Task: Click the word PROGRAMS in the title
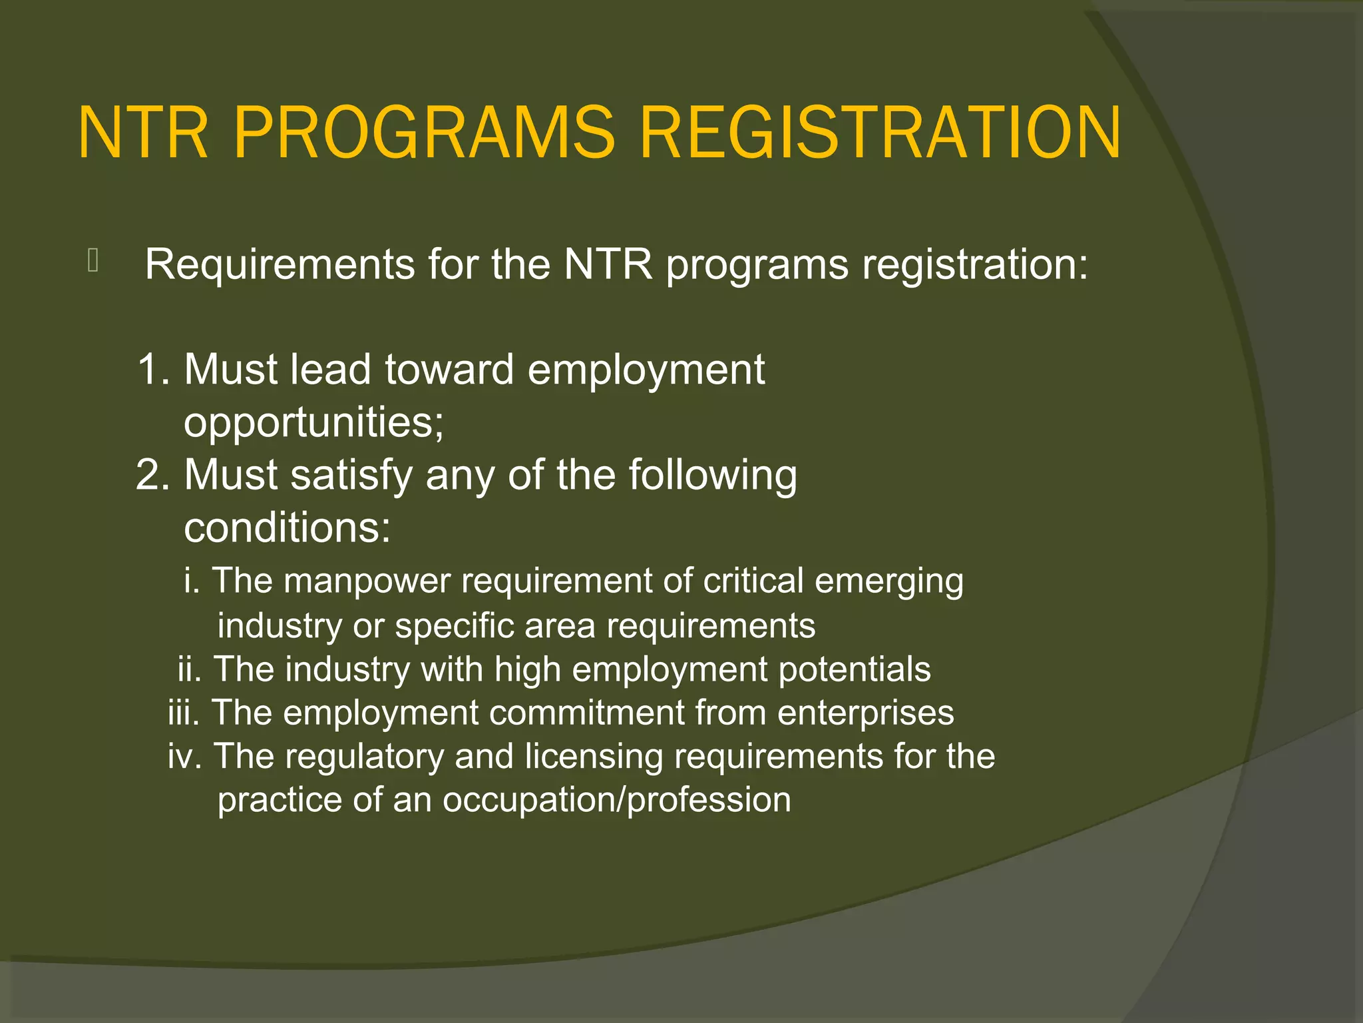coord(424,133)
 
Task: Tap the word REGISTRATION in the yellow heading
coord(880,133)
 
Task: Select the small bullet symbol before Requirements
coord(93,260)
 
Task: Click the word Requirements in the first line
coord(280,264)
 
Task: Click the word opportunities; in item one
coord(313,423)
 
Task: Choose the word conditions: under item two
coord(287,528)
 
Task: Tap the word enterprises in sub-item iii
coord(865,713)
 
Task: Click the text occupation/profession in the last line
coord(617,800)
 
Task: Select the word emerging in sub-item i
coord(888,581)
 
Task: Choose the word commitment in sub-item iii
coord(586,713)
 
